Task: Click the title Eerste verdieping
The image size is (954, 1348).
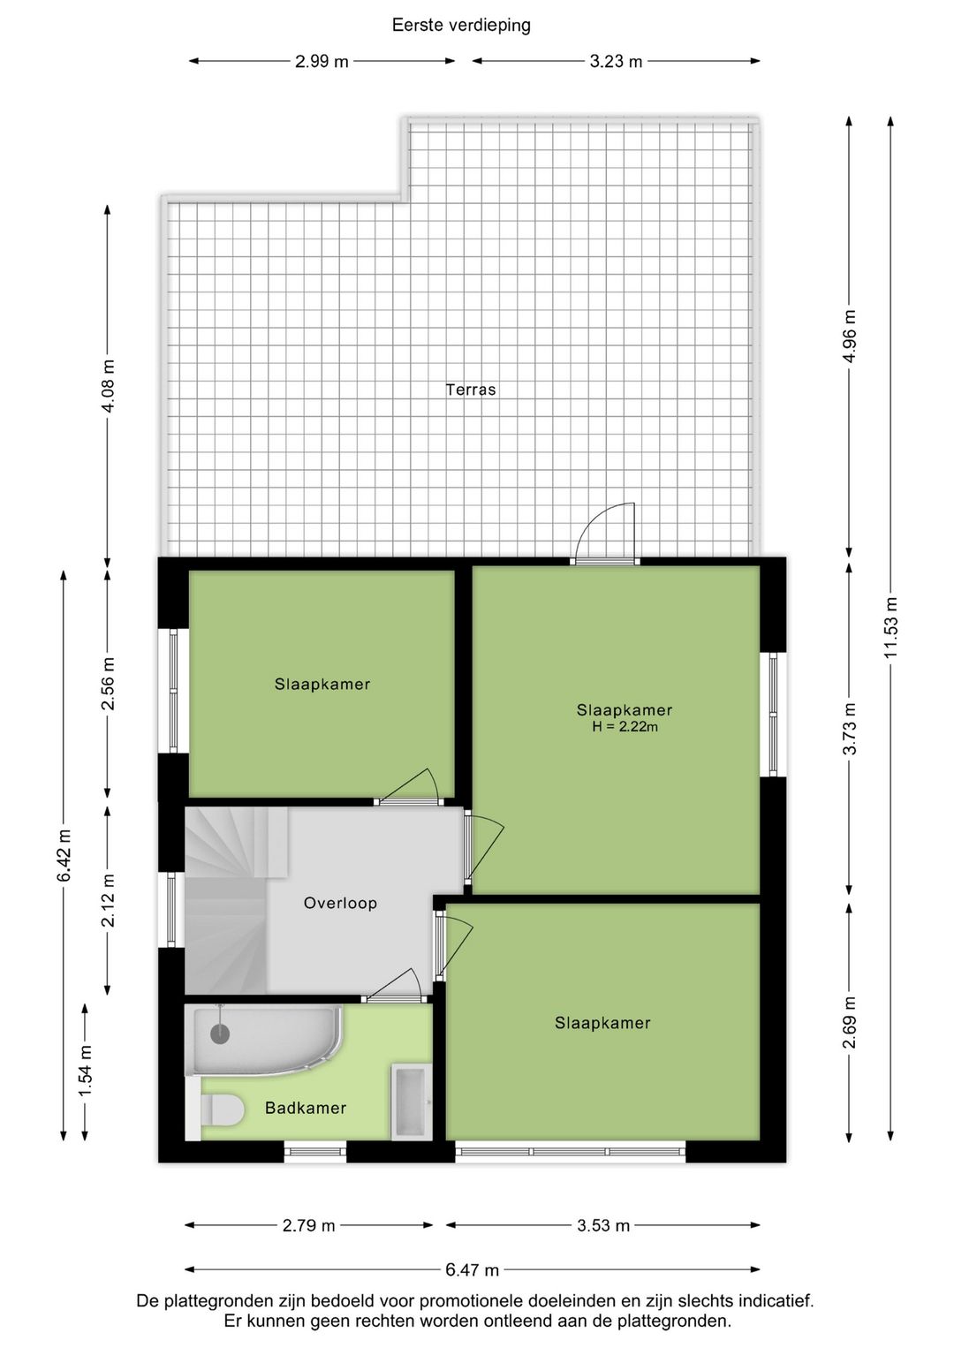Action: click(461, 25)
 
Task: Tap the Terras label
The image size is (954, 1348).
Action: click(470, 390)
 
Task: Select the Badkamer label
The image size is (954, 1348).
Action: click(306, 1108)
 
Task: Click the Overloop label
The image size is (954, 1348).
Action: click(340, 903)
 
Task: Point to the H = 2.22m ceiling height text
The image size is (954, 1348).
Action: click(625, 727)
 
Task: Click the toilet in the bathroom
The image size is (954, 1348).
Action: click(223, 1110)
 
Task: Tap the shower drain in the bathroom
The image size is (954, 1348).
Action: click(219, 1034)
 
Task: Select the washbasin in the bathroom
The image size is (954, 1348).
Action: click(410, 1102)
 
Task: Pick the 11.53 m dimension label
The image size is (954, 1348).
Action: click(891, 626)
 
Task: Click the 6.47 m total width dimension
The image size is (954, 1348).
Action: click(472, 1270)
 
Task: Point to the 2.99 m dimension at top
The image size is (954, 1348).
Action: click(322, 61)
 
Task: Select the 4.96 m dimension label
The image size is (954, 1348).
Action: click(850, 336)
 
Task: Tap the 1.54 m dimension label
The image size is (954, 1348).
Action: click(86, 1071)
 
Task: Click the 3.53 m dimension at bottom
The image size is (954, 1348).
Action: click(603, 1225)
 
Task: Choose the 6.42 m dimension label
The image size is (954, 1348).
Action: click(64, 855)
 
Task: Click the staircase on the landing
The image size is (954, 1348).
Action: click(225, 901)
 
